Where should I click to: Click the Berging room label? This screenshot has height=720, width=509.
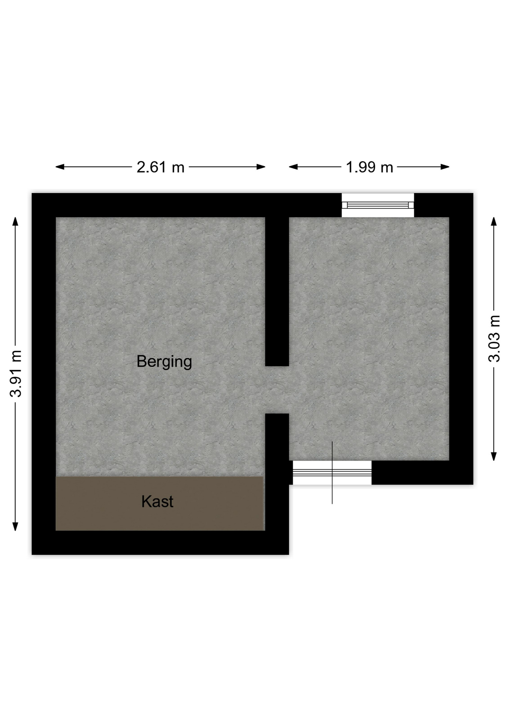tap(164, 362)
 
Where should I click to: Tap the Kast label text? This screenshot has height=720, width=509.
tap(157, 501)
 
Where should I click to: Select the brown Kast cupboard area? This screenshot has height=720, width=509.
tap(160, 503)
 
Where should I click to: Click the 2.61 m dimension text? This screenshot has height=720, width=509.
tap(160, 167)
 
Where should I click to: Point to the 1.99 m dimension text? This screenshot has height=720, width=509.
tap(369, 167)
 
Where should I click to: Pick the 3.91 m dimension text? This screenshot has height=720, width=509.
tap(16, 374)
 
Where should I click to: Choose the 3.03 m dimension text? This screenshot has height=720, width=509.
tap(494, 339)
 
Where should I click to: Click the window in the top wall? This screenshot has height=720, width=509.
tap(378, 205)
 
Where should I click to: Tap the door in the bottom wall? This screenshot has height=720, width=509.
tap(332, 472)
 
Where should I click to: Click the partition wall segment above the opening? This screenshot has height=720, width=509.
tap(277, 291)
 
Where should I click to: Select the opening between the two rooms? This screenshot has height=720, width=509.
tap(277, 390)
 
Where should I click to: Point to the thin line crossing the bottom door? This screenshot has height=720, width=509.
tap(332, 472)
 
